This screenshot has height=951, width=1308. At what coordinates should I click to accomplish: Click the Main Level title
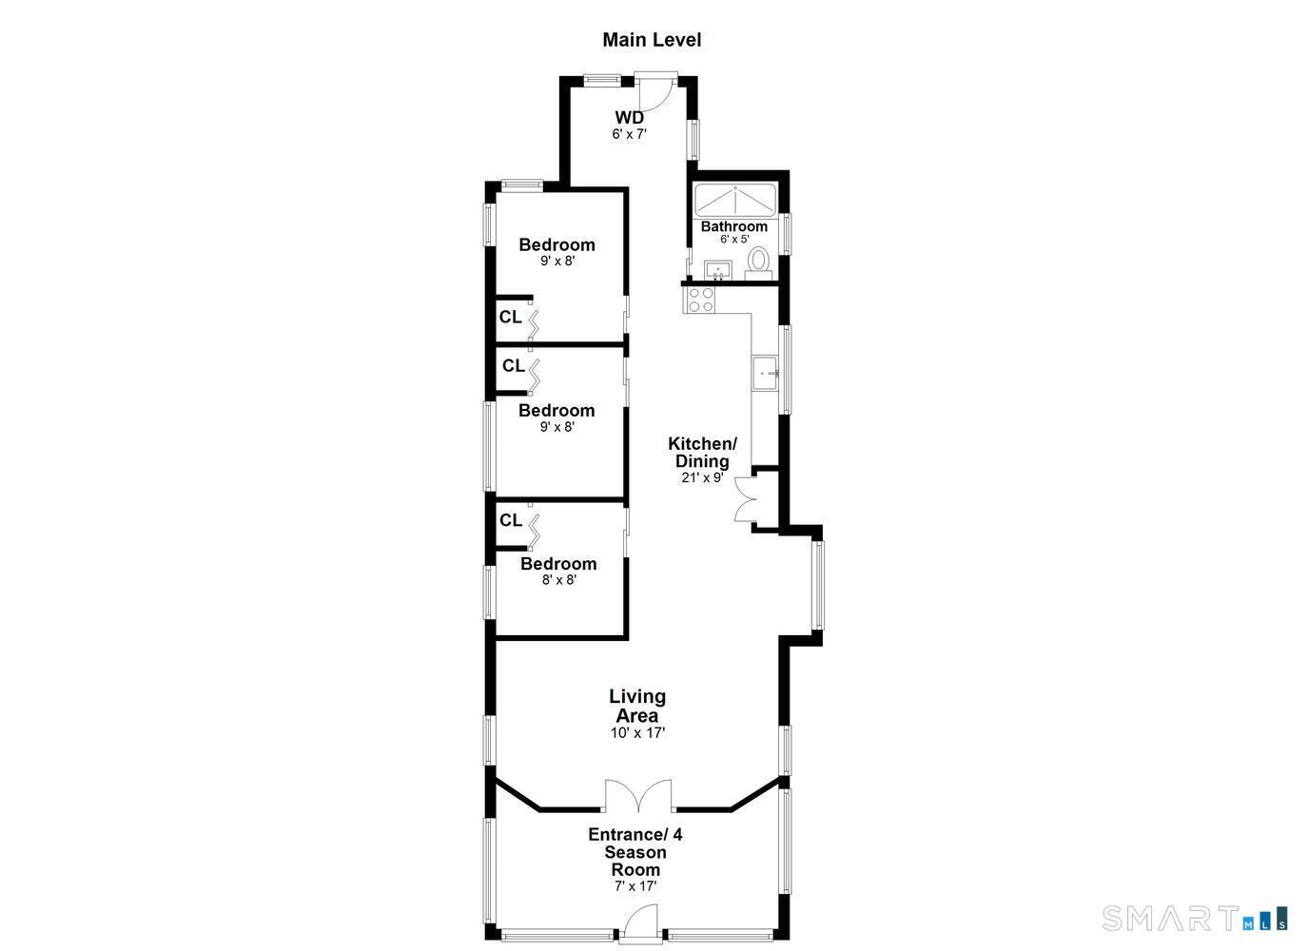[652, 40]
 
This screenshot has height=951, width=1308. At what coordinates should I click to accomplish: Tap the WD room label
[629, 118]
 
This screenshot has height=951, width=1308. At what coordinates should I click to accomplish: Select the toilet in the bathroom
[759, 260]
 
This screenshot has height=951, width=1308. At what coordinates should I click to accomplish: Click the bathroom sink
[716, 272]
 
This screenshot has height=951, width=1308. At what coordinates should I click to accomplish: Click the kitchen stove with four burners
[701, 301]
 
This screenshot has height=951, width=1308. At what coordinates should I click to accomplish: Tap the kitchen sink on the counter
[765, 373]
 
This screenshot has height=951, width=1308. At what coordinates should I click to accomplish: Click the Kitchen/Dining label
[702, 453]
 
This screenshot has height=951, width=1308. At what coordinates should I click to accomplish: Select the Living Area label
[637, 706]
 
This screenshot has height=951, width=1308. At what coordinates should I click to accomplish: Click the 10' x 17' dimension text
[637, 733]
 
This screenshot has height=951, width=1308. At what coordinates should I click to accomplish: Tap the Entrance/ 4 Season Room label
[635, 852]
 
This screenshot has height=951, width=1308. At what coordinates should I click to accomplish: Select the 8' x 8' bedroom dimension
[559, 579]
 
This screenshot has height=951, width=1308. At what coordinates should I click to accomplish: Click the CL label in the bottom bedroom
[511, 520]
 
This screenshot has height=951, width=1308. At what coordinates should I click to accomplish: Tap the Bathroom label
[734, 226]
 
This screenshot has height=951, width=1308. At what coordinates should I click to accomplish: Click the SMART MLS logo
[1195, 919]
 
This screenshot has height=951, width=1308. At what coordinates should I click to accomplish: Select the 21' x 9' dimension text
[702, 478]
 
